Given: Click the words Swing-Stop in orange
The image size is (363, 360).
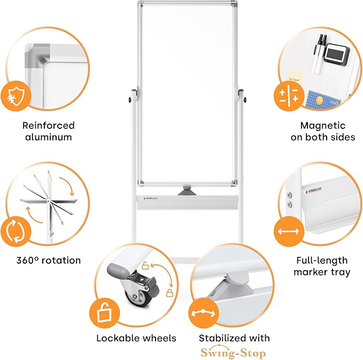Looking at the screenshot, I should tap(233, 353).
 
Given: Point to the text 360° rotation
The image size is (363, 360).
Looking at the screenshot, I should tap(48, 261).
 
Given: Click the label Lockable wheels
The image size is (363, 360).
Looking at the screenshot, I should tap(136, 338).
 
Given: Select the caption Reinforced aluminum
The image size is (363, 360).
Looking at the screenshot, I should tap(48, 131).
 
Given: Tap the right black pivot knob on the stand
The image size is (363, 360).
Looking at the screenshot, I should tap(245, 99).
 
